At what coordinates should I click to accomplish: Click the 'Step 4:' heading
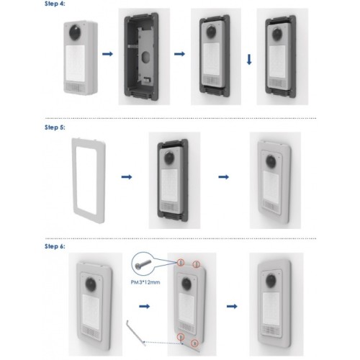55,4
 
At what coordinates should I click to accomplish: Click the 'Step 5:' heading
55,127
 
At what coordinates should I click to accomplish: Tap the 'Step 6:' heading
55,246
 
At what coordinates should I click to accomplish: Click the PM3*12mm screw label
145,282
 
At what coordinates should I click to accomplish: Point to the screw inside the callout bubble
143,264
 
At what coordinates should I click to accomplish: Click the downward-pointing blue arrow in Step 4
249,60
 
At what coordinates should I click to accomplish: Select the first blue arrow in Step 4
107,54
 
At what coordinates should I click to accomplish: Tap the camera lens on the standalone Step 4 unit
76,33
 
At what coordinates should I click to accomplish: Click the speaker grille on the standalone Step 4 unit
75,88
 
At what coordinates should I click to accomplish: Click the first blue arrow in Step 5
127,177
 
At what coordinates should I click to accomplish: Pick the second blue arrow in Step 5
224,177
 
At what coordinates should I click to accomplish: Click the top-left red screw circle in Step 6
181,262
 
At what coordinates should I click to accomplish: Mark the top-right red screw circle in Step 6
197,264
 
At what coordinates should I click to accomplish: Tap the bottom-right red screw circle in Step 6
194,343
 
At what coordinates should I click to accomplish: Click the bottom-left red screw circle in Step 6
181,337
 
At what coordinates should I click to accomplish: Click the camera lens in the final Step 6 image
271,281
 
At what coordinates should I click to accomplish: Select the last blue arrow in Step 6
232,306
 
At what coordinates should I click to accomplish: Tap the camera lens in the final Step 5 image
271,161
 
